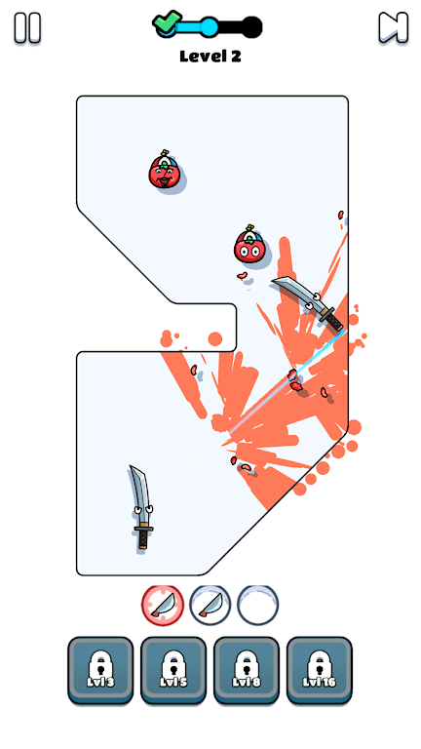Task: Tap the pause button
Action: [x=27, y=27]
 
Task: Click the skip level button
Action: [x=394, y=27]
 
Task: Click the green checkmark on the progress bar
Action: [x=167, y=22]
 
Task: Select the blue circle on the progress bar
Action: [x=209, y=27]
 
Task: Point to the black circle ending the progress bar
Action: [x=251, y=27]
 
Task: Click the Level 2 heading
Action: [x=210, y=57]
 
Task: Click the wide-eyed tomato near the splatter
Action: [x=249, y=245]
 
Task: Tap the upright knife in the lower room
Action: [x=141, y=508]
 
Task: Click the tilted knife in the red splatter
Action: [x=309, y=302]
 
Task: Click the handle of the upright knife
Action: [x=143, y=537]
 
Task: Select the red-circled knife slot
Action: [x=163, y=606]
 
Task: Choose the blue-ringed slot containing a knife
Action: [x=210, y=606]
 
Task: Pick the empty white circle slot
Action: [x=257, y=606]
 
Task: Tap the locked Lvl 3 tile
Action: [x=100, y=670]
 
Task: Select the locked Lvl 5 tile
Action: [x=173, y=670]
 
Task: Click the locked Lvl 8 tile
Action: [x=247, y=670]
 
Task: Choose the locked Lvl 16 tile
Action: [x=320, y=670]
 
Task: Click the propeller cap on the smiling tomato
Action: [x=165, y=162]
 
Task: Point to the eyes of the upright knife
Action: [x=143, y=510]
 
